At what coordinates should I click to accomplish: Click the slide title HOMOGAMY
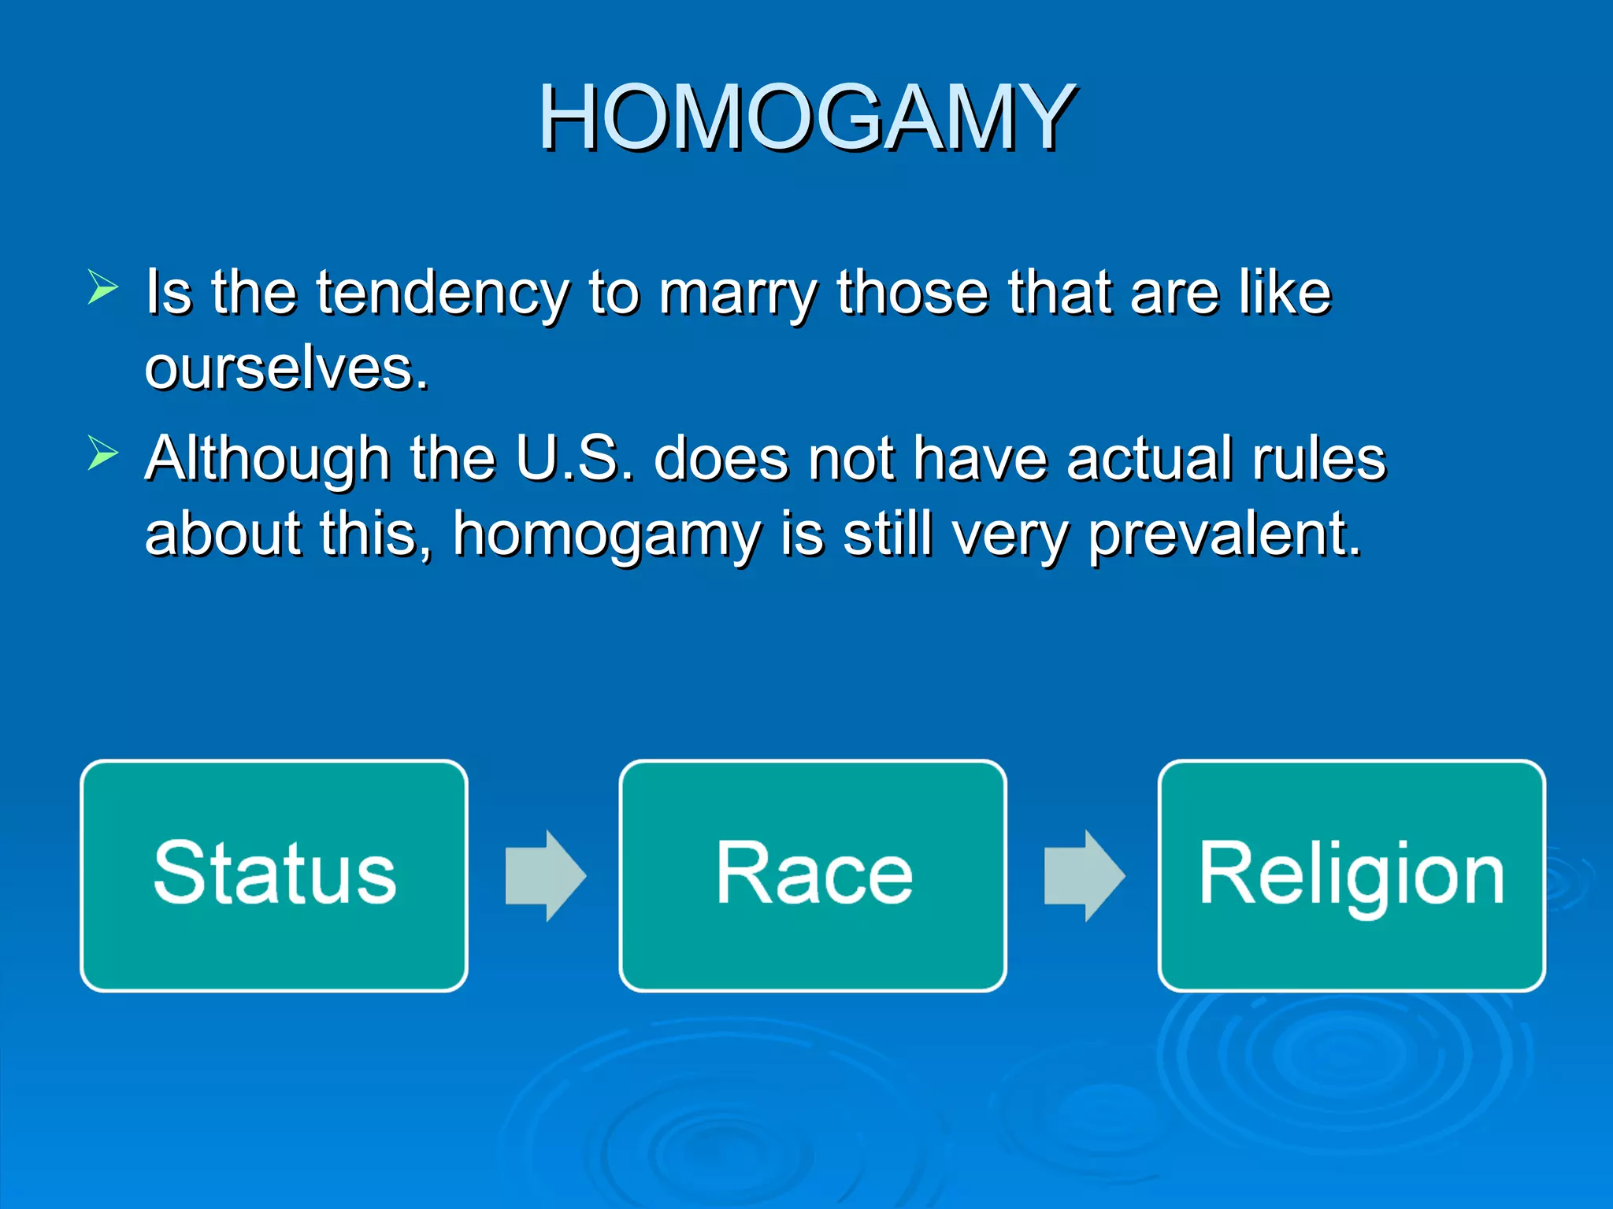(x=806, y=118)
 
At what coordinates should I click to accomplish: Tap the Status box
(x=274, y=875)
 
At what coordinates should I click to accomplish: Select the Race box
(x=813, y=875)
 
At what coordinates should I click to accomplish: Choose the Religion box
(x=1352, y=875)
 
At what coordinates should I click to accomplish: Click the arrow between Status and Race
(x=545, y=875)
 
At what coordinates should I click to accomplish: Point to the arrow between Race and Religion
(x=1084, y=875)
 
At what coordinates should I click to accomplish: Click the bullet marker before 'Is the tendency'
(x=102, y=287)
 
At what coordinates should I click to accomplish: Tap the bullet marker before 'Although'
(x=102, y=453)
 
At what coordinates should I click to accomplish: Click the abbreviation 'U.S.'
(x=575, y=459)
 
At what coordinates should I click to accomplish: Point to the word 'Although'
(x=268, y=459)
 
